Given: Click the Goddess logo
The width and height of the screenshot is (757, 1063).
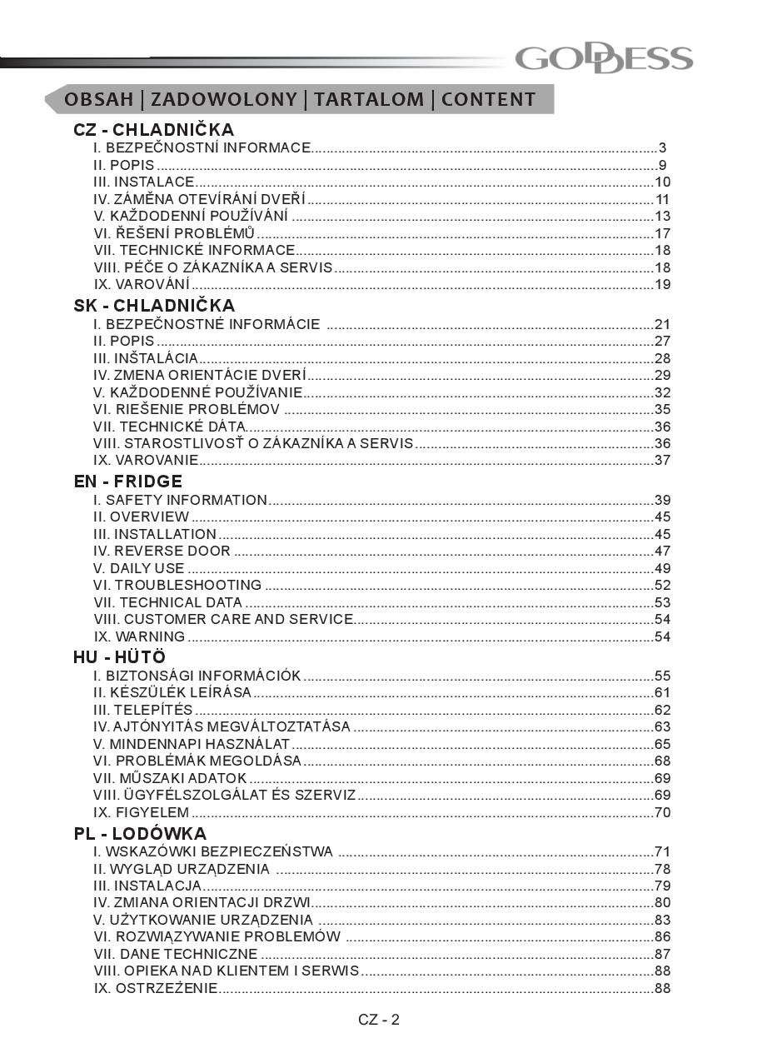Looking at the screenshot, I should (x=604, y=59).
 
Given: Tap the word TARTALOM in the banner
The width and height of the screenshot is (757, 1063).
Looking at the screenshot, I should (x=369, y=100).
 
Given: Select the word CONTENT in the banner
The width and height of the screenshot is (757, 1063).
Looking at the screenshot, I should (x=489, y=100).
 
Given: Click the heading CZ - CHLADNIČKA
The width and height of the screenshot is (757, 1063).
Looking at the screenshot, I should (x=154, y=130).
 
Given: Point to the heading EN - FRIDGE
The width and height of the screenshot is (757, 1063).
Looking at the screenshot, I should (x=128, y=482).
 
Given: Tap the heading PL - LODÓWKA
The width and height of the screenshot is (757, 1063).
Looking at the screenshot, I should (x=140, y=834).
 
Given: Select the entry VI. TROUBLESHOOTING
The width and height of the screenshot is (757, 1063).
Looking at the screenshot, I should (x=177, y=586).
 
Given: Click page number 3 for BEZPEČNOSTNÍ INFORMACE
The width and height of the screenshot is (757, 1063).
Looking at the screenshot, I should (x=663, y=148).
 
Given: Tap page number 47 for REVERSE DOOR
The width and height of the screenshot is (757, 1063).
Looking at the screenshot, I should (x=662, y=551).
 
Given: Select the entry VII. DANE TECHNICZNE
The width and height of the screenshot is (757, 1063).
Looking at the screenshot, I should (x=176, y=954).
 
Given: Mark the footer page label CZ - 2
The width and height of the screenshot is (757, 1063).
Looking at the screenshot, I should (x=379, y=1021).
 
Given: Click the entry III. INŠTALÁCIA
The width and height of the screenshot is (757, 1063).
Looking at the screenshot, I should (x=146, y=359).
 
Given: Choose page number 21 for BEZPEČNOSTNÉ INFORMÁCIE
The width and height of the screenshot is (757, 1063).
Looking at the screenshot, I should (x=662, y=325).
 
